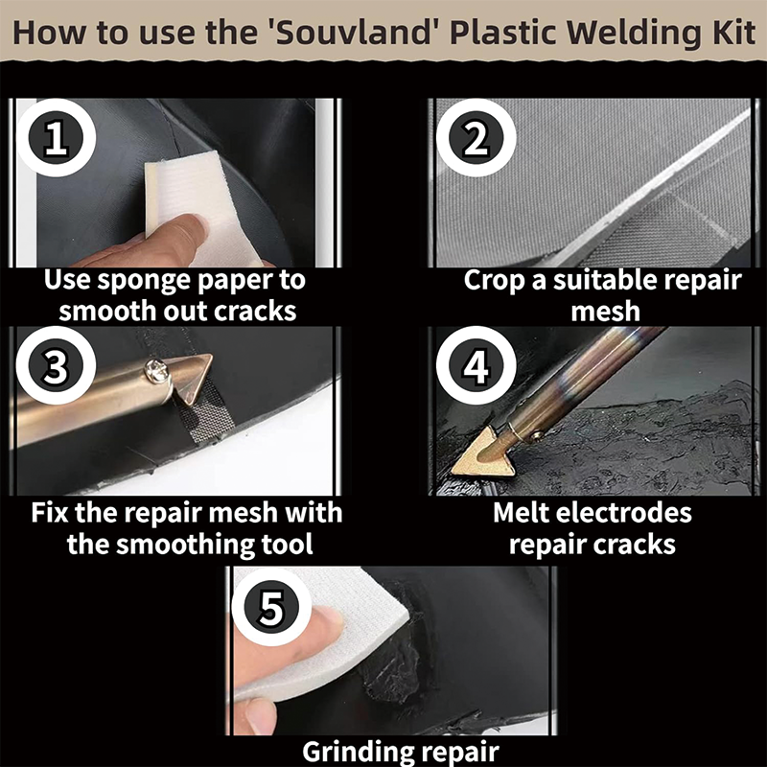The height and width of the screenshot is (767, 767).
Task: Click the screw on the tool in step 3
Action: point(152,365)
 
